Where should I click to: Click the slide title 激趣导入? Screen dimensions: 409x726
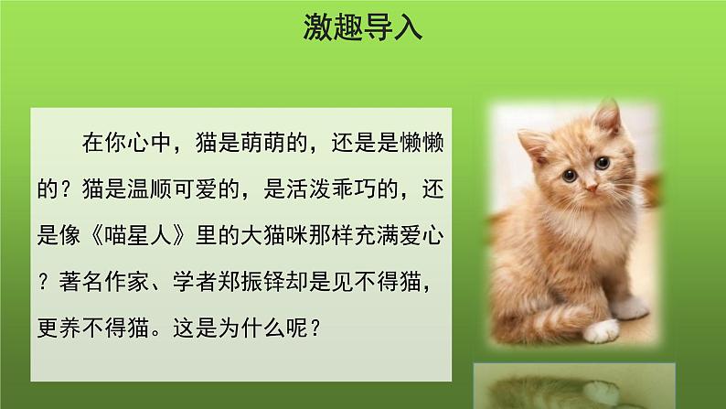click(363, 27)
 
